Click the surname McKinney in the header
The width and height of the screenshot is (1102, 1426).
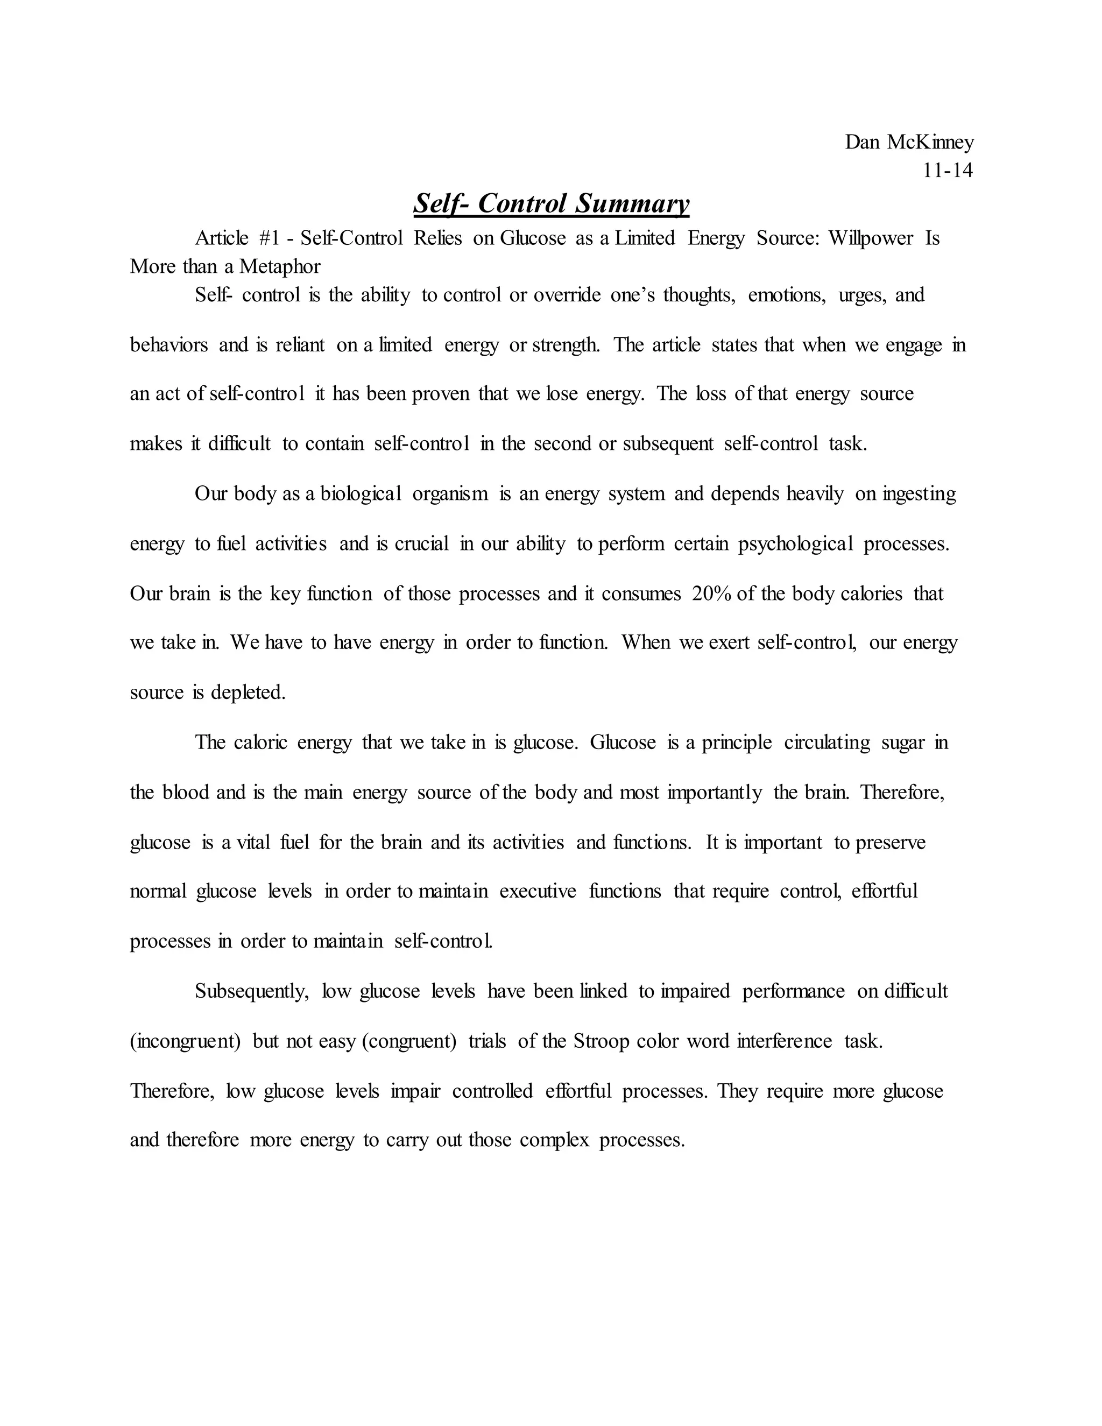[x=930, y=143]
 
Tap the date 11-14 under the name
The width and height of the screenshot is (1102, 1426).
[x=947, y=171]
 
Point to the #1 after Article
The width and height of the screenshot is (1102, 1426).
[x=269, y=238]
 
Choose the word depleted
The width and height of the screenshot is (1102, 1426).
[x=248, y=693]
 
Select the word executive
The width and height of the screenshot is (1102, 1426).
[x=538, y=891]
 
